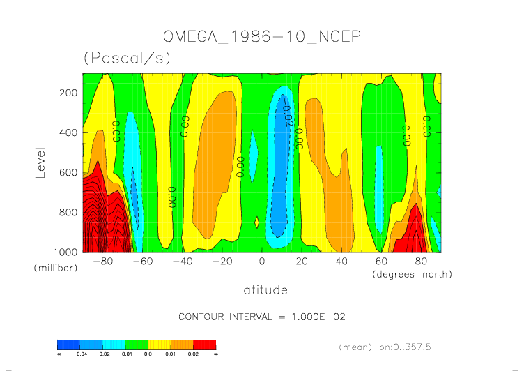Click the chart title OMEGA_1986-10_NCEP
(261, 36)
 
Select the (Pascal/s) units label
(127, 59)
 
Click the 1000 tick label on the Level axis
(65, 252)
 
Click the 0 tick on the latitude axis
(262, 262)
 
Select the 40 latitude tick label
(341, 262)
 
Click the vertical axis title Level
(41, 160)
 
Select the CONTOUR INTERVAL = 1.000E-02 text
(262, 317)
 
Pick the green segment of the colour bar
(147, 344)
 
